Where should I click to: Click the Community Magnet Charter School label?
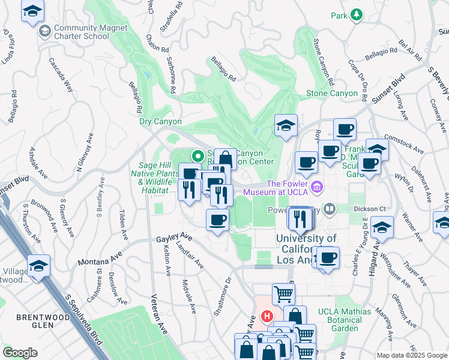point(82,32)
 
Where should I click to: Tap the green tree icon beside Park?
point(357,14)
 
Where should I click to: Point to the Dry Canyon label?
point(160,121)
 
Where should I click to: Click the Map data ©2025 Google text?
point(411,355)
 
